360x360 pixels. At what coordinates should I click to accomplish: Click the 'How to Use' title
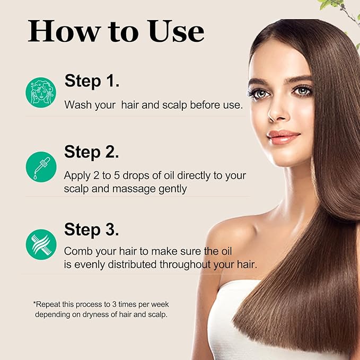(x=116, y=31)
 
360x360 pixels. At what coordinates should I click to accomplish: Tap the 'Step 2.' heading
(x=92, y=152)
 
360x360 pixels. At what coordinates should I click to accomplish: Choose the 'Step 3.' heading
(x=92, y=230)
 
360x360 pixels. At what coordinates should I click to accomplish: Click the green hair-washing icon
(x=41, y=93)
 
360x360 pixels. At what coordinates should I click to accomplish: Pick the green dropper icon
(x=41, y=166)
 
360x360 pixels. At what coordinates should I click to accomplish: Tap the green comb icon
(x=41, y=244)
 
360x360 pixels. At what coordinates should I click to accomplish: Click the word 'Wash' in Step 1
(x=77, y=104)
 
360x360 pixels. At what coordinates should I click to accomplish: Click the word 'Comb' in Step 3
(x=77, y=251)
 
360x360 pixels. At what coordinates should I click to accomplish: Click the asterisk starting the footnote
(x=35, y=305)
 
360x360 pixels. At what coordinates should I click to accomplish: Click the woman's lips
(x=284, y=137)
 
